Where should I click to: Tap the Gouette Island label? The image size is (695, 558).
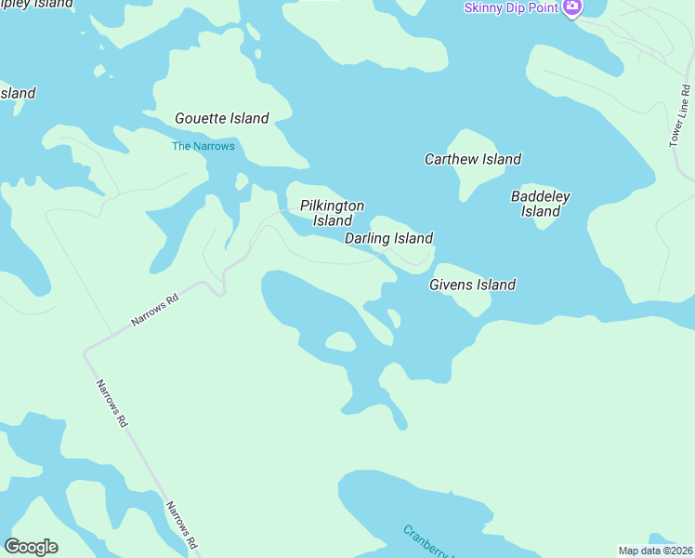point(222,118)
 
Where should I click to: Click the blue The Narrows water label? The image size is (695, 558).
point(203,146)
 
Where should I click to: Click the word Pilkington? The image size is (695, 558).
point(332,206)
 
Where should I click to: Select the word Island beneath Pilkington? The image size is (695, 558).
point(332,221)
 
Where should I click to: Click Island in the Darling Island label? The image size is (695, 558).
point(413,238)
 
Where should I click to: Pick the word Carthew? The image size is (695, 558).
point(451,159)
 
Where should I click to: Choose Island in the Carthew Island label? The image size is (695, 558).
point(502,159)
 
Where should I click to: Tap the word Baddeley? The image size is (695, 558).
point(540,196)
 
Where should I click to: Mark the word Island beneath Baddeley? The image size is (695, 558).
point(540,212)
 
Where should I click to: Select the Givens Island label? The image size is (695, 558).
point(472,285)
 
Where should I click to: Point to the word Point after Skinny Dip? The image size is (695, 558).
point(542,8)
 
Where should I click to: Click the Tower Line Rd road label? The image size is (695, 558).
point(679,116)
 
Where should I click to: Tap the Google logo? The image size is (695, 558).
point(31,547)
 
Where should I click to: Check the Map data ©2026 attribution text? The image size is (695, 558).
point(656,550)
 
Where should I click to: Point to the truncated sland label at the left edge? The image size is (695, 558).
point(18,93)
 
